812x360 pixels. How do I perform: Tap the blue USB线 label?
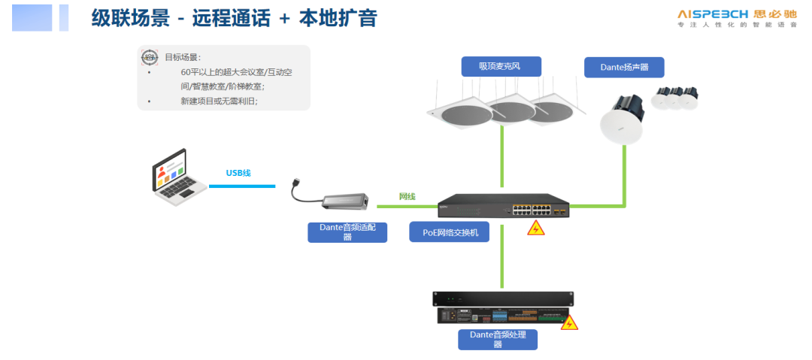coord(238,173)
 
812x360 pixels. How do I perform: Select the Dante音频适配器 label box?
coord(347,231)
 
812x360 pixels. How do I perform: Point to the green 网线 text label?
coord(407,196)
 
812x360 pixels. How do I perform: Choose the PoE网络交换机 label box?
coord(450,232)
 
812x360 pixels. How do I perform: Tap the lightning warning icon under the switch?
coord(535,228)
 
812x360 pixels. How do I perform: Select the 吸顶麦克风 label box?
coord(500,66)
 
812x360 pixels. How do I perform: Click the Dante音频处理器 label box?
coord(498,339)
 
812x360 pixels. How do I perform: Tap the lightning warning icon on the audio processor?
coord(570,323)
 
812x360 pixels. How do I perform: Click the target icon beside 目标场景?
coord(150,57)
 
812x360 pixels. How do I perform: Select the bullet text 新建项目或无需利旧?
coord(219,100)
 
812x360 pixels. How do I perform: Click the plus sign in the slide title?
coord(284,18)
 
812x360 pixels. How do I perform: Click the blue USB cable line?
coord(242,186)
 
